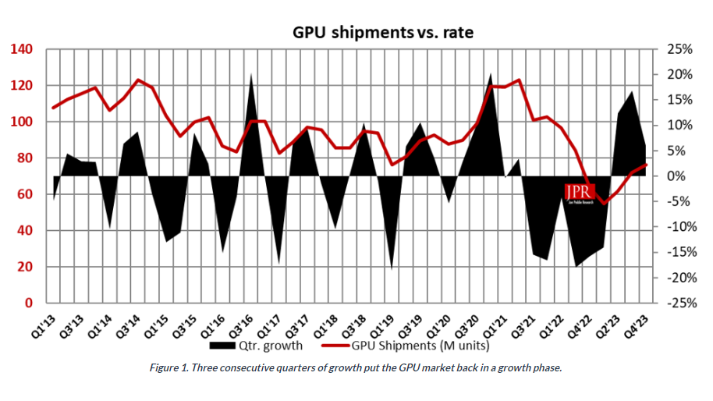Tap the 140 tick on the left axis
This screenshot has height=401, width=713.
[x=22, y=50]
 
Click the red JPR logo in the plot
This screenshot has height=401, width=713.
[x=580, y=192]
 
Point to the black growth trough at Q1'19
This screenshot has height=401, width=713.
[x=392, y=268]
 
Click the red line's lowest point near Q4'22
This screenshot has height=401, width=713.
[x=604, y=203]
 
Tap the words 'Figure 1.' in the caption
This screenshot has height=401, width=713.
[x=169, y=368]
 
